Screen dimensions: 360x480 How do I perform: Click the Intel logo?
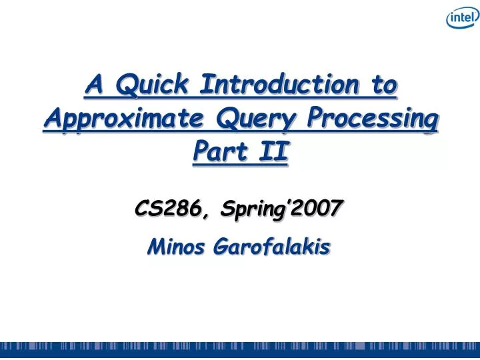click(461, 19)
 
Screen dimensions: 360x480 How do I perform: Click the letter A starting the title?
click(94, 86)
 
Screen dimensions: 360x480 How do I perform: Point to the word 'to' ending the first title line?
click(383, 86)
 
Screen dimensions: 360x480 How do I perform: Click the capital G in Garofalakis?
click(221, 248)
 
